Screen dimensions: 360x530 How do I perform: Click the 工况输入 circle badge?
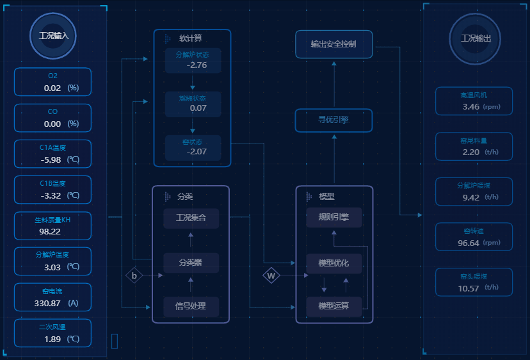[53, 36]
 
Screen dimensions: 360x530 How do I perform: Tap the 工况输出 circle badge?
[476, 38]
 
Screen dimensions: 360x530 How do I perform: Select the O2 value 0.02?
[52, 88]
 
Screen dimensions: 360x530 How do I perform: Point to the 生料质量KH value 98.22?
[50, 231]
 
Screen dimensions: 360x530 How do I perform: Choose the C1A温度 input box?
[52, 154]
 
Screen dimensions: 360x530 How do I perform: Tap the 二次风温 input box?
[52, 333]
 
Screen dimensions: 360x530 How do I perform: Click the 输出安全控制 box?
[333, 44]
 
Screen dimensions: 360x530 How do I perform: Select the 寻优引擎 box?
[333, 120]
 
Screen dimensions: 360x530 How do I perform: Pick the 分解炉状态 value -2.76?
[197, 65]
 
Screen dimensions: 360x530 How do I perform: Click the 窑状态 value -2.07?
[197, 152]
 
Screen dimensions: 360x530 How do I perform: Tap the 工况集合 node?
[191, 218]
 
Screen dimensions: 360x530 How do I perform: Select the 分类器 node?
[191, 263]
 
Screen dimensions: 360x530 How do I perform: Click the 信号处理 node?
[191, 306]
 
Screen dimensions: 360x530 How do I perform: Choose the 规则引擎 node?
[333, 218]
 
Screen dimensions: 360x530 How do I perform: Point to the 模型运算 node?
[333, 306]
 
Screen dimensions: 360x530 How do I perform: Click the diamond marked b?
[134, 276]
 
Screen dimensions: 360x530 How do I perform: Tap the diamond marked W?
[271, 276]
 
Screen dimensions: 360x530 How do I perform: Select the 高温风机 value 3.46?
[471, 106]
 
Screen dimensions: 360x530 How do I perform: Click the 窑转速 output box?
[474, 236]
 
